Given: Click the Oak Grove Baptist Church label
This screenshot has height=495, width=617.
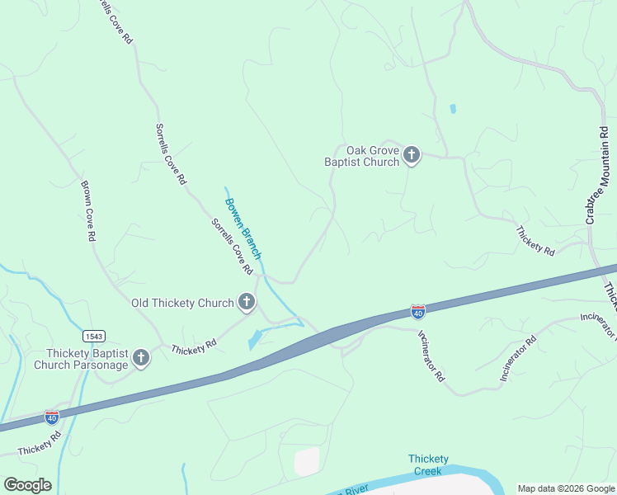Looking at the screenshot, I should click(x=360, y=156).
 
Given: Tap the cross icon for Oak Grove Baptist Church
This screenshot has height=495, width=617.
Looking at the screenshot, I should click(x=412, y=155).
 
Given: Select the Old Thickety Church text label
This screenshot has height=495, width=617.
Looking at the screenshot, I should click(x=182, y=303).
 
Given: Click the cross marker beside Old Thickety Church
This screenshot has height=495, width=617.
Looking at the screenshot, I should click(x=246, y=303).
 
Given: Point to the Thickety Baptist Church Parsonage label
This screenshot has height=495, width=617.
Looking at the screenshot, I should click(x=81, y=359).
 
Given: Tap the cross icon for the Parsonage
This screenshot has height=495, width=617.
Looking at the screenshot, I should click(x=141, y=358).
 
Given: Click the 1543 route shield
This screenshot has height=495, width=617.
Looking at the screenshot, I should click(x=93, y=336).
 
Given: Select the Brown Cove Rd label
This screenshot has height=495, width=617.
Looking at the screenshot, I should click(x=87, y=210).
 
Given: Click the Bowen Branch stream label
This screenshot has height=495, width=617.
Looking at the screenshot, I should click(x=243, y=228).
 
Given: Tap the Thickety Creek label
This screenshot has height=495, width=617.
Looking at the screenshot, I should click(x=428, y=464).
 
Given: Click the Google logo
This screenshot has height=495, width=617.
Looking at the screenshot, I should click(x=27, y=485).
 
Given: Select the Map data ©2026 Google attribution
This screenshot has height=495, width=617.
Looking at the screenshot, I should click(x=566, y=488).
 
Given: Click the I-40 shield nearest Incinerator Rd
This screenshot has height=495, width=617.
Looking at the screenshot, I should click(x=418, y=312).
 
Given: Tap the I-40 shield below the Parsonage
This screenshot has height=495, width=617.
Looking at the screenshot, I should click(x=51, y=417).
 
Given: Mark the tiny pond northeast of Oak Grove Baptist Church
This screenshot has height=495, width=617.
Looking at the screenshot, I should click(x=452, y=108).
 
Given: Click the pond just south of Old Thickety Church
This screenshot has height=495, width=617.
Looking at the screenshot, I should click(x=255, y=338).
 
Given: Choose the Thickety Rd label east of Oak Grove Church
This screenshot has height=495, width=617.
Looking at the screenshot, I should click(x=535, y=239).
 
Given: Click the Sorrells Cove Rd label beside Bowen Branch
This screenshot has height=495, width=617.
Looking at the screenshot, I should click(x=232, y=246).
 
